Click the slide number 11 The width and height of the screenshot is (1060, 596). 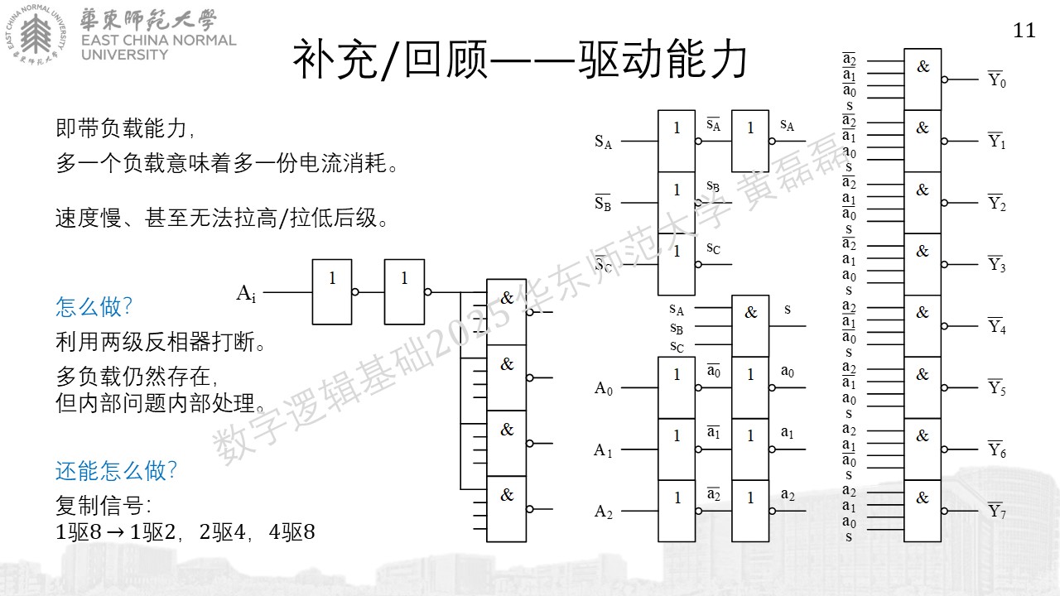point(1024,31)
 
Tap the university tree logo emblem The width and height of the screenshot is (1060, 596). point(36,35)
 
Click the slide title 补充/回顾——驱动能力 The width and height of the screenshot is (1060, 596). point(519,59)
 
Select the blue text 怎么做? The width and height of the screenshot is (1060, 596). point(94,306)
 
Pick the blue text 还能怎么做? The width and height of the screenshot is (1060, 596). point(116,471)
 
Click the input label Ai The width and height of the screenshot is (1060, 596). point(246,293)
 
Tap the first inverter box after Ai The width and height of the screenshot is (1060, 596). point(332,292)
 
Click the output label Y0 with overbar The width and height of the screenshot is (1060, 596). point(996,79)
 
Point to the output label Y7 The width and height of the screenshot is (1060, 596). point(996,510)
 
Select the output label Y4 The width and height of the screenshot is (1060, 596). point(996,325)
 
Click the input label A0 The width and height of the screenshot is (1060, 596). point(604,388)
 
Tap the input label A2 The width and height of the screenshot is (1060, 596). point(604,512)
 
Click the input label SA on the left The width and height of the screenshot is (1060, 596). point(604,142)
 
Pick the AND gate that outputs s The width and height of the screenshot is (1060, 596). point(750,326)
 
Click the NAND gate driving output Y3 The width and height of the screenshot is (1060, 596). point(923,264)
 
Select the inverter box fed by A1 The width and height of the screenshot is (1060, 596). point(677,449)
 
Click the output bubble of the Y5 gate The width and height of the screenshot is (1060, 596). point(945,388)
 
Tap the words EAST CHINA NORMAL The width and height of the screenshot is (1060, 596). point(158,41)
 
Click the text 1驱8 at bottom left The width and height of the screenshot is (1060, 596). point(79,532)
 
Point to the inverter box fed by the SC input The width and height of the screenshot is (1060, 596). point(677,264)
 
